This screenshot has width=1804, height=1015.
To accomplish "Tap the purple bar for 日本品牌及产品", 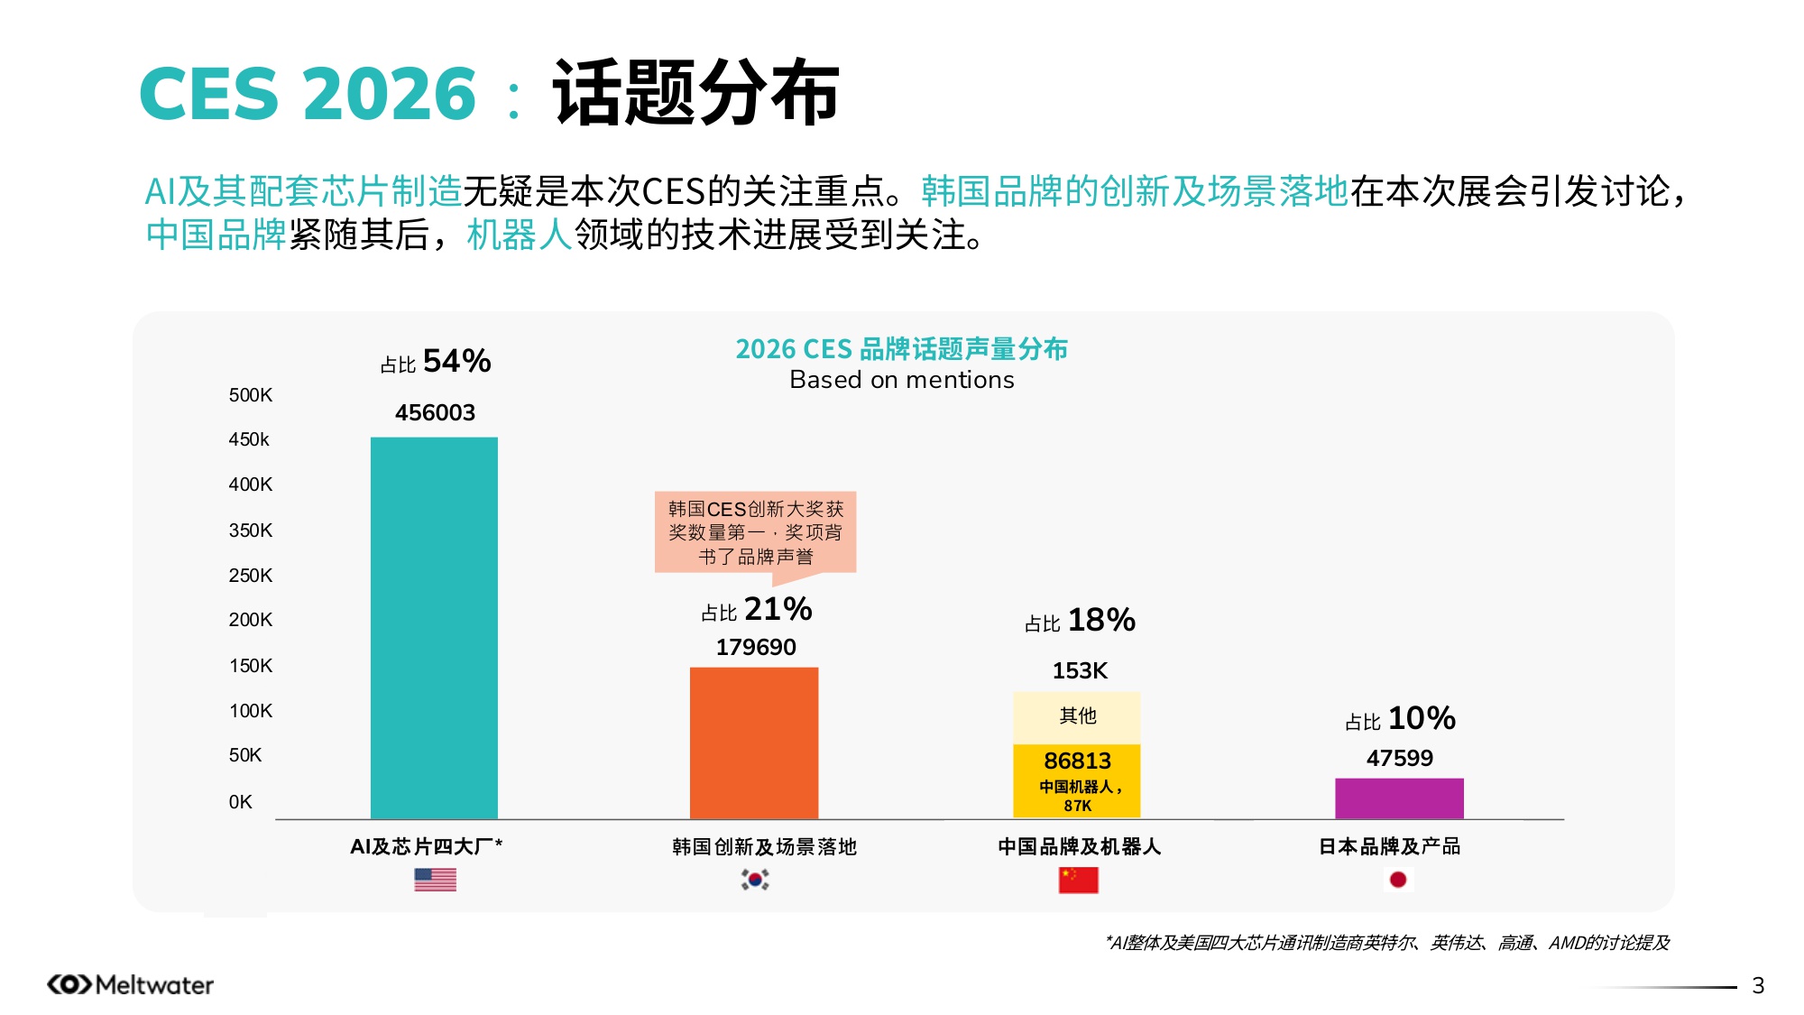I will [1399, 798].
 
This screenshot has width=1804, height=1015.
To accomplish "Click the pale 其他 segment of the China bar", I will [1077, 716].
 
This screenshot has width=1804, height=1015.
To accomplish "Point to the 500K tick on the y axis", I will [250, 395].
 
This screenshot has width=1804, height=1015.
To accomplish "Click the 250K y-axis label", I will [250, 576].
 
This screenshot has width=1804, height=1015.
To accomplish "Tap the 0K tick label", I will [240, 802].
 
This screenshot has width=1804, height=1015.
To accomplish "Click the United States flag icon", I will [435, 880].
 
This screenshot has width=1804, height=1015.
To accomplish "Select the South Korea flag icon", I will [755, 880].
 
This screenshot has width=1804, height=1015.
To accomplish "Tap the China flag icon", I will [1078, 880].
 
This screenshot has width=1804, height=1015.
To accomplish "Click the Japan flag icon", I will [1398, 880].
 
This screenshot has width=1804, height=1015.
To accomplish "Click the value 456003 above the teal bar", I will [435, 413].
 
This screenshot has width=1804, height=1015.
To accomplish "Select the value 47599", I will [1399, 758].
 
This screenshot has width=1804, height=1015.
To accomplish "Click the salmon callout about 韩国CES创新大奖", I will [755, 532].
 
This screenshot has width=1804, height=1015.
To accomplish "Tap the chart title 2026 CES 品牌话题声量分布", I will [901, 349].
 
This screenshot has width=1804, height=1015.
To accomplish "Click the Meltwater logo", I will [131, 984].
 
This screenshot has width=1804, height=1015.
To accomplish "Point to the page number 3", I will [1757, 985].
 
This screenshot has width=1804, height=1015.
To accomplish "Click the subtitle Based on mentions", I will [901, 380].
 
